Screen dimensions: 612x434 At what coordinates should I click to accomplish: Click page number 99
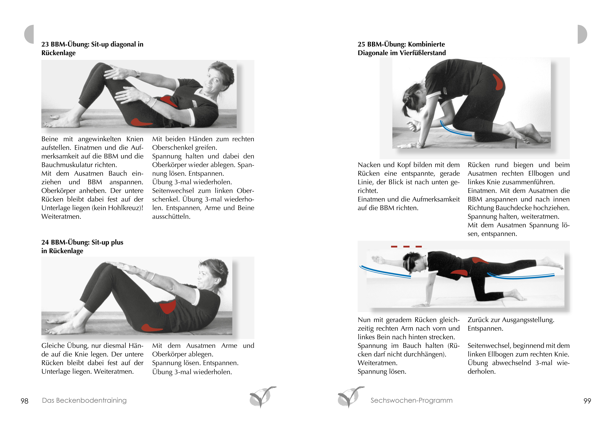click(x=587, y=401)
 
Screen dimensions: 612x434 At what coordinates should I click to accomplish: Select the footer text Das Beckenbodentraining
click(x=84, y=400)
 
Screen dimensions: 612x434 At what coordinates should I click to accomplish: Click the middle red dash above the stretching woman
click(x=406, y=246)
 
